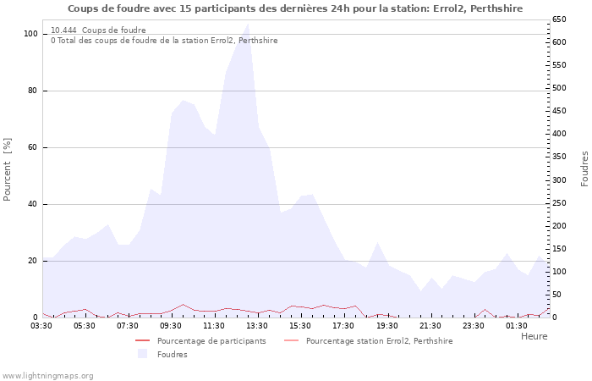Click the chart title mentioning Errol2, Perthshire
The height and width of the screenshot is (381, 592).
tap(294, 8)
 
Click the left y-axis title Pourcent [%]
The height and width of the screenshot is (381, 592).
tap(8, 170)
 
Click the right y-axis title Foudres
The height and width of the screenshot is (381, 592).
tap(584, 169)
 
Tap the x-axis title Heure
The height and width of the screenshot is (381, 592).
tap(534, 336)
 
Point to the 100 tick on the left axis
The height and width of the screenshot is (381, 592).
tap(31, 34)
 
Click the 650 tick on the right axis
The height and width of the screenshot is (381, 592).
tap(560, 19)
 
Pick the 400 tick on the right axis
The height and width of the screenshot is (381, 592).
tap(560, 134)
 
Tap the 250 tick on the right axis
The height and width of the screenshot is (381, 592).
tap(560, 203)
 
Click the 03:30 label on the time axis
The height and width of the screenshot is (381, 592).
tap(42, 325)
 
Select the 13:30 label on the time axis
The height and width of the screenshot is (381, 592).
tap(257, 325)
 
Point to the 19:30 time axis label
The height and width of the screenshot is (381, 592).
tap(387, 325)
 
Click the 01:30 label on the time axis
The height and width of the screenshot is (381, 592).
tap(517, 325)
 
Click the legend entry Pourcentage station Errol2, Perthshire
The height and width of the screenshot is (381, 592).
tap(379, 341)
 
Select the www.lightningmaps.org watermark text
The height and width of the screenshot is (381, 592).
tap(47, 375)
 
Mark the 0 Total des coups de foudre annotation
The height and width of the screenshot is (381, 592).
tap(164, 40)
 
